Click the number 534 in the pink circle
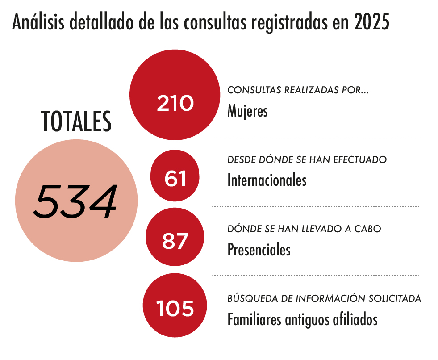76,201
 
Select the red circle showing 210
175,95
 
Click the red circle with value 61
175,175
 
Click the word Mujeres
247,111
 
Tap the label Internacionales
267,180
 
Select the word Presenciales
259,249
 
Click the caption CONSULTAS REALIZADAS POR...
298,90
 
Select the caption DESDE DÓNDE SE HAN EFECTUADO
307,159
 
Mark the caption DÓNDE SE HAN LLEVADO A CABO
304,229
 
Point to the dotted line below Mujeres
315,138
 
